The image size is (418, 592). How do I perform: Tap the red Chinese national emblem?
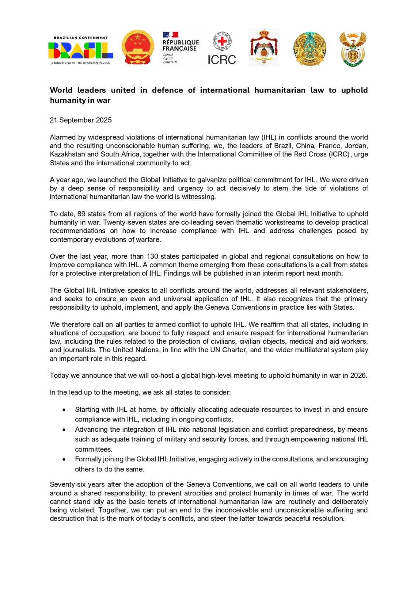(x=138, y=48)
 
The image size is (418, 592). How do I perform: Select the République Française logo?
(x=180, y=48)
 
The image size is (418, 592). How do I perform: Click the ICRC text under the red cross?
(x=222, y=60)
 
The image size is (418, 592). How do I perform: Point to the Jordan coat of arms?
(x=264, y=48)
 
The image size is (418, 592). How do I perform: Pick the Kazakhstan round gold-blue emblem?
(x=310, y=48)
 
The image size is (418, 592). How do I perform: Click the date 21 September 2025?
(x=81, y=120)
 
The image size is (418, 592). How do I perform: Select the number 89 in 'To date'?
(x=81, y=214)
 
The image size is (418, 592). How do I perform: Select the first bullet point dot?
(x=64, y=410)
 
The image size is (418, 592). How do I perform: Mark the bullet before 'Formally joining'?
(x=64, y=460)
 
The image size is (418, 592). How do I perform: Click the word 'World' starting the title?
(x=61, y=90)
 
